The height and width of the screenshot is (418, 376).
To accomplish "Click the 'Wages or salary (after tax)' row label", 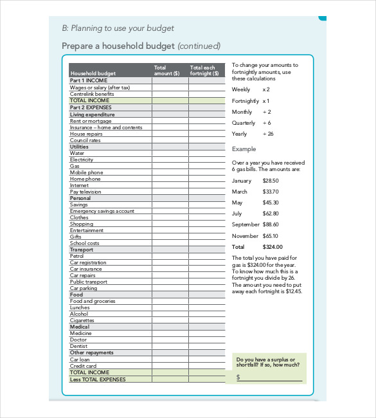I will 100,87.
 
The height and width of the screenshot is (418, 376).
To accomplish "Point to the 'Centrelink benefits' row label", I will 92,94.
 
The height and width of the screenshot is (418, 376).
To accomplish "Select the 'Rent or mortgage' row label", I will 91,121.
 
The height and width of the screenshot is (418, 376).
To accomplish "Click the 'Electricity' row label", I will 82,159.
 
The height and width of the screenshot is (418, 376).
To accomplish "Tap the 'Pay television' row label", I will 85,192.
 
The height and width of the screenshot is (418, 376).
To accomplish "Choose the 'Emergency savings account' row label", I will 102,211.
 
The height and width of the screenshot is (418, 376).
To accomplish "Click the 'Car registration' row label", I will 88,262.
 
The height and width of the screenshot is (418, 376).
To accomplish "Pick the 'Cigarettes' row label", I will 82,320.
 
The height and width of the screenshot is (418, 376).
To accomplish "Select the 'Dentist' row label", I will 78,346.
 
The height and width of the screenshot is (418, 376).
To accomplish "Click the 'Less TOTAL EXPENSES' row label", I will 98,379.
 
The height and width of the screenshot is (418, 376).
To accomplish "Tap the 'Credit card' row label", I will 83,366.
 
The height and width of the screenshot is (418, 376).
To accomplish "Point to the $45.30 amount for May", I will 271,203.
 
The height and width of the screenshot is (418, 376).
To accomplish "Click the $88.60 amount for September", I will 271,224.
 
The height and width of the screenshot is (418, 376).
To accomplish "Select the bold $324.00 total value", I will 273,246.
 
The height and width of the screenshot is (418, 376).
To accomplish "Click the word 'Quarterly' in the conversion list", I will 244,123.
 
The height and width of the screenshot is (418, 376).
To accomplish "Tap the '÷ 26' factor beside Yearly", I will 268,134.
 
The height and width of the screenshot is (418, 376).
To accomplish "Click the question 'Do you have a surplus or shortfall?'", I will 267,362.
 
